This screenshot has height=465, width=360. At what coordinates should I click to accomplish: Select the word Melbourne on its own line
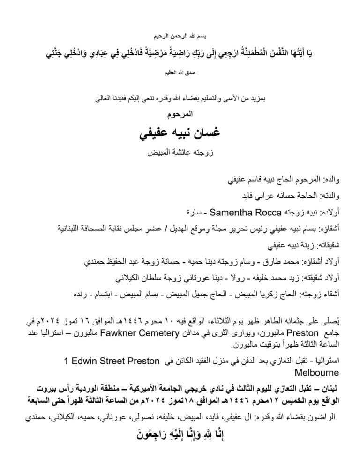313,373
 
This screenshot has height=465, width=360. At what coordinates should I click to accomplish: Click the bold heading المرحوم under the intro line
180,114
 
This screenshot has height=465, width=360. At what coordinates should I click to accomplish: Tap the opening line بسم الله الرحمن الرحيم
180,37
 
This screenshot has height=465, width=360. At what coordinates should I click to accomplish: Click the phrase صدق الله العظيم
180,73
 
